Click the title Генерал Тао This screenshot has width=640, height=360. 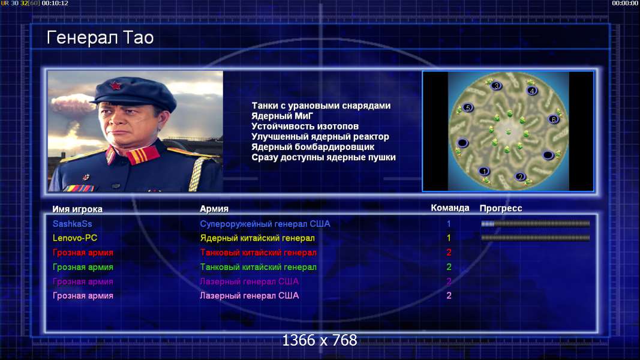coord(100,38)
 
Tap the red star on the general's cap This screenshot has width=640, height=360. coord(116,86)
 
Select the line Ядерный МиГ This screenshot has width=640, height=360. coord(282,116)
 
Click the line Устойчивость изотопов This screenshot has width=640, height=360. coord(305,126)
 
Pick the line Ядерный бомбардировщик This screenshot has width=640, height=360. coord(313,146)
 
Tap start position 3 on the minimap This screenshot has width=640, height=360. coord(496,86)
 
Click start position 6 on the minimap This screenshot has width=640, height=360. coord(554,119)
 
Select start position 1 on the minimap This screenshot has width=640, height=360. coord(484,171)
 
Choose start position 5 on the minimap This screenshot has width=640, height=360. coord(468,108)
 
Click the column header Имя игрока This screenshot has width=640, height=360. coord(77,209)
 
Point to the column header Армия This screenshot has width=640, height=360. coord(214,209)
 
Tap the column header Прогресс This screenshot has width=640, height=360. coord(501,208)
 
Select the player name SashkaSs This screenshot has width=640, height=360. coord(72,224)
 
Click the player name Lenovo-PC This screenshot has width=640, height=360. coord(75,238)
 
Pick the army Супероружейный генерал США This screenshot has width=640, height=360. coord(265,224)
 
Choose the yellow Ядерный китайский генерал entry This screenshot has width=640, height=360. coord(257,238)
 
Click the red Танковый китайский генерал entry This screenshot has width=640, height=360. coord(258,252)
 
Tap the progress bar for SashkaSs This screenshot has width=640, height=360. coord(536,224)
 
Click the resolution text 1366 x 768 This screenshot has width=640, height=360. coord(320,340)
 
